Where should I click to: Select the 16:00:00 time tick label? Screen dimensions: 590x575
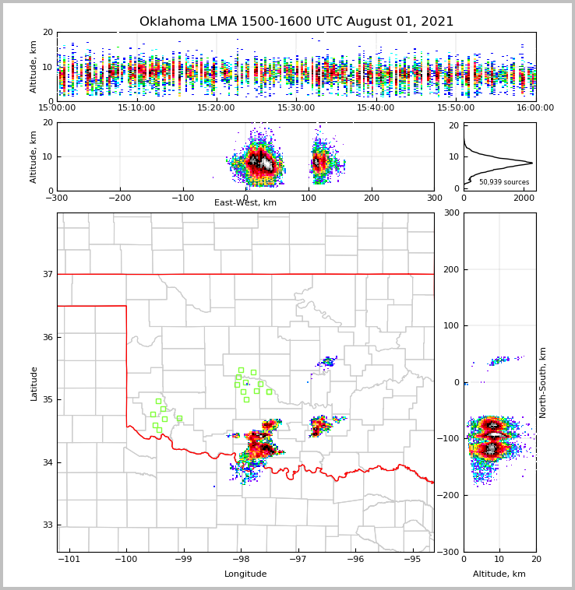click(535, 108)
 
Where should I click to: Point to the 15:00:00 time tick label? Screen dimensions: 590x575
click(57, 108)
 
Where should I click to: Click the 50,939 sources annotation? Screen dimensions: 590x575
click(503, 182)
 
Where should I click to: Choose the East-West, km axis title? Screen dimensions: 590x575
click(245, 203)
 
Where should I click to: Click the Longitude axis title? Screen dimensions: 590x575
click(245, 574)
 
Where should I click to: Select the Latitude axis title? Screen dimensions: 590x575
click(34, 383)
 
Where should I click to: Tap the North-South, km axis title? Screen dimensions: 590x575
click(543, 382)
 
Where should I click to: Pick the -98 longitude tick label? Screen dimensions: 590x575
click(240, 560)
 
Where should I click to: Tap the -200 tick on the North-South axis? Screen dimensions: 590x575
click(450, 496)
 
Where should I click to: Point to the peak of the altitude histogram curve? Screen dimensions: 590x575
click(532, 163)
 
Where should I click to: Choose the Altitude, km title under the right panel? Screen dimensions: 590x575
click(499, 574)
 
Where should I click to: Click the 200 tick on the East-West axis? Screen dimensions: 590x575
click(372, 198)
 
